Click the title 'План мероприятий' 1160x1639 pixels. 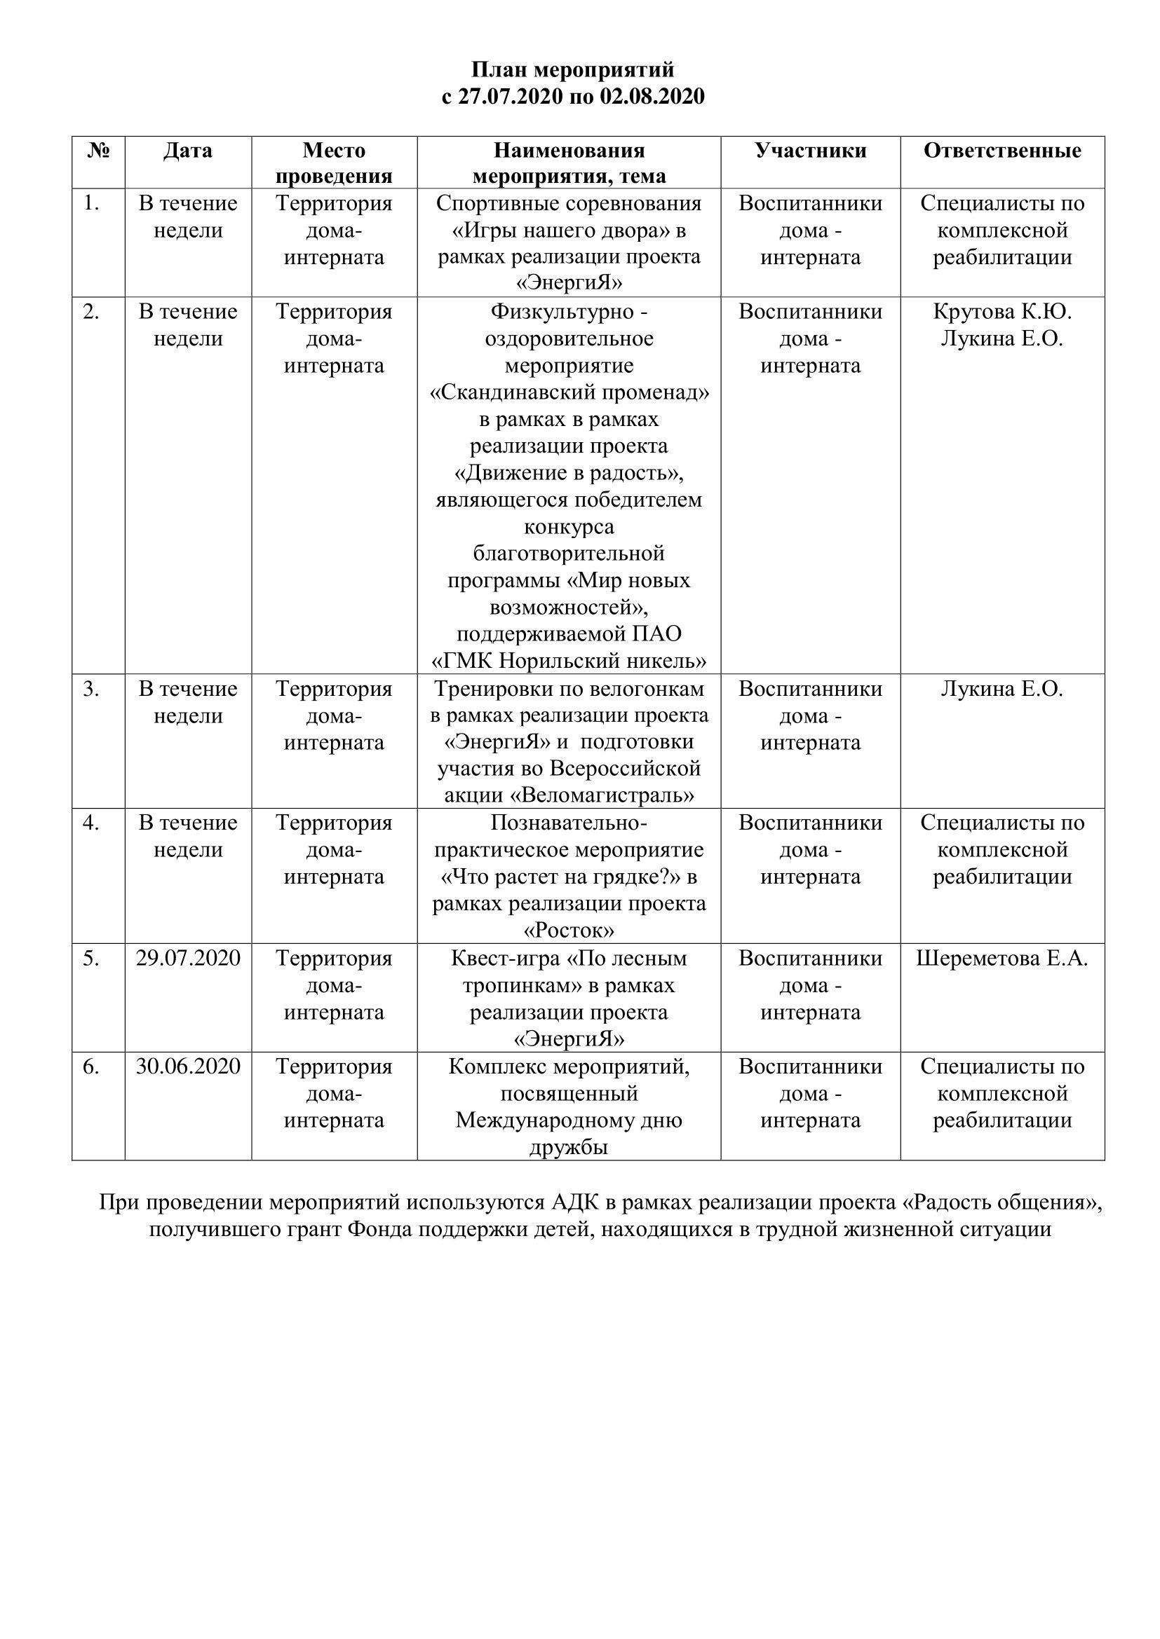pyautogui.click(x=572, y=70)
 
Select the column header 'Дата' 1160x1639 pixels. pyautogui.click(x=188, y=151)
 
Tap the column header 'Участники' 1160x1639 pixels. pyautogui.click(x=810, y=151)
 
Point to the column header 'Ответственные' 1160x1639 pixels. pyautogui.click(x=1001, y=151)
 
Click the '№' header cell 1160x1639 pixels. pyautogui.click(x=99, y=151)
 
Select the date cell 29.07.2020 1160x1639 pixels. pyautogui.click(x=188, y=958)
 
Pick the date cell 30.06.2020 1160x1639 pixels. pyautogui.click(x=188, y=1067)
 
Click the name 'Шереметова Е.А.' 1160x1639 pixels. pyautogui.click(x=1001, y=958)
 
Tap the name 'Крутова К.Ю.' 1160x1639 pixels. pyautogui.click(x=1001, y=312)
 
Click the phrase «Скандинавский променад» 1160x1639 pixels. pyautogui.click(x=569, y=392)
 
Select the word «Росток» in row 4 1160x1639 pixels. pyautogui.click(x=569, y=930)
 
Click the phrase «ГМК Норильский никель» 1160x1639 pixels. pyautogui.click(x=569, y=661)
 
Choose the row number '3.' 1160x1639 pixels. pyautogui.click(x=90, y=689)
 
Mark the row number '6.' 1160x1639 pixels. pyautogui.click(x=90, y=1067)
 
